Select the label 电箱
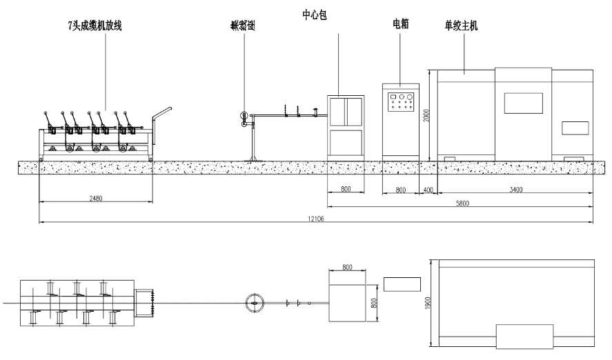click(401, 23)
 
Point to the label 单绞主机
click(462, 26)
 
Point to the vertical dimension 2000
click(427, 114)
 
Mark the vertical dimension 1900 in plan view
click(428, 303)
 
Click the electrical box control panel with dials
click(401, 102)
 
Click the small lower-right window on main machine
click(575, 128)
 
